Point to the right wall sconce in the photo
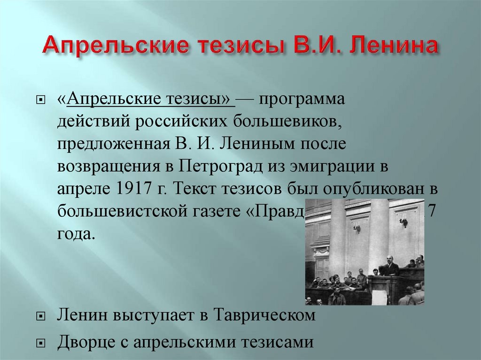coord(403,223)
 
